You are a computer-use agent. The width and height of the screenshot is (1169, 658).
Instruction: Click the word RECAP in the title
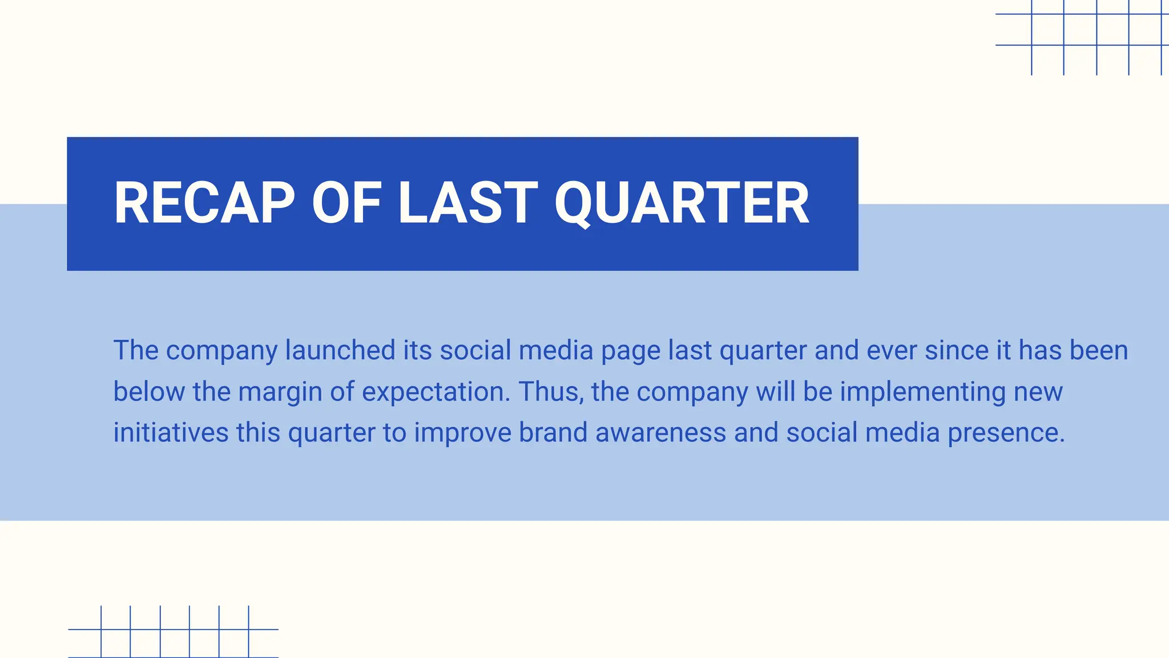204,203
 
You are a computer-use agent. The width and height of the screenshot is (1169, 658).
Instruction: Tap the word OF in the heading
346,203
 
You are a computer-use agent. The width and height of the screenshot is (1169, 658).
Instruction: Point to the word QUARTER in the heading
682,204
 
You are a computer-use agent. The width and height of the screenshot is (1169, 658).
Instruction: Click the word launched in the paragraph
340,350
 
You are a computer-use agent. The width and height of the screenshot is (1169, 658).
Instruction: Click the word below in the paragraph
149,392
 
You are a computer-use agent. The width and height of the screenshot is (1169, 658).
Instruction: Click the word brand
553,432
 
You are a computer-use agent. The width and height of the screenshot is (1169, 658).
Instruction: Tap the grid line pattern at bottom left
174,631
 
